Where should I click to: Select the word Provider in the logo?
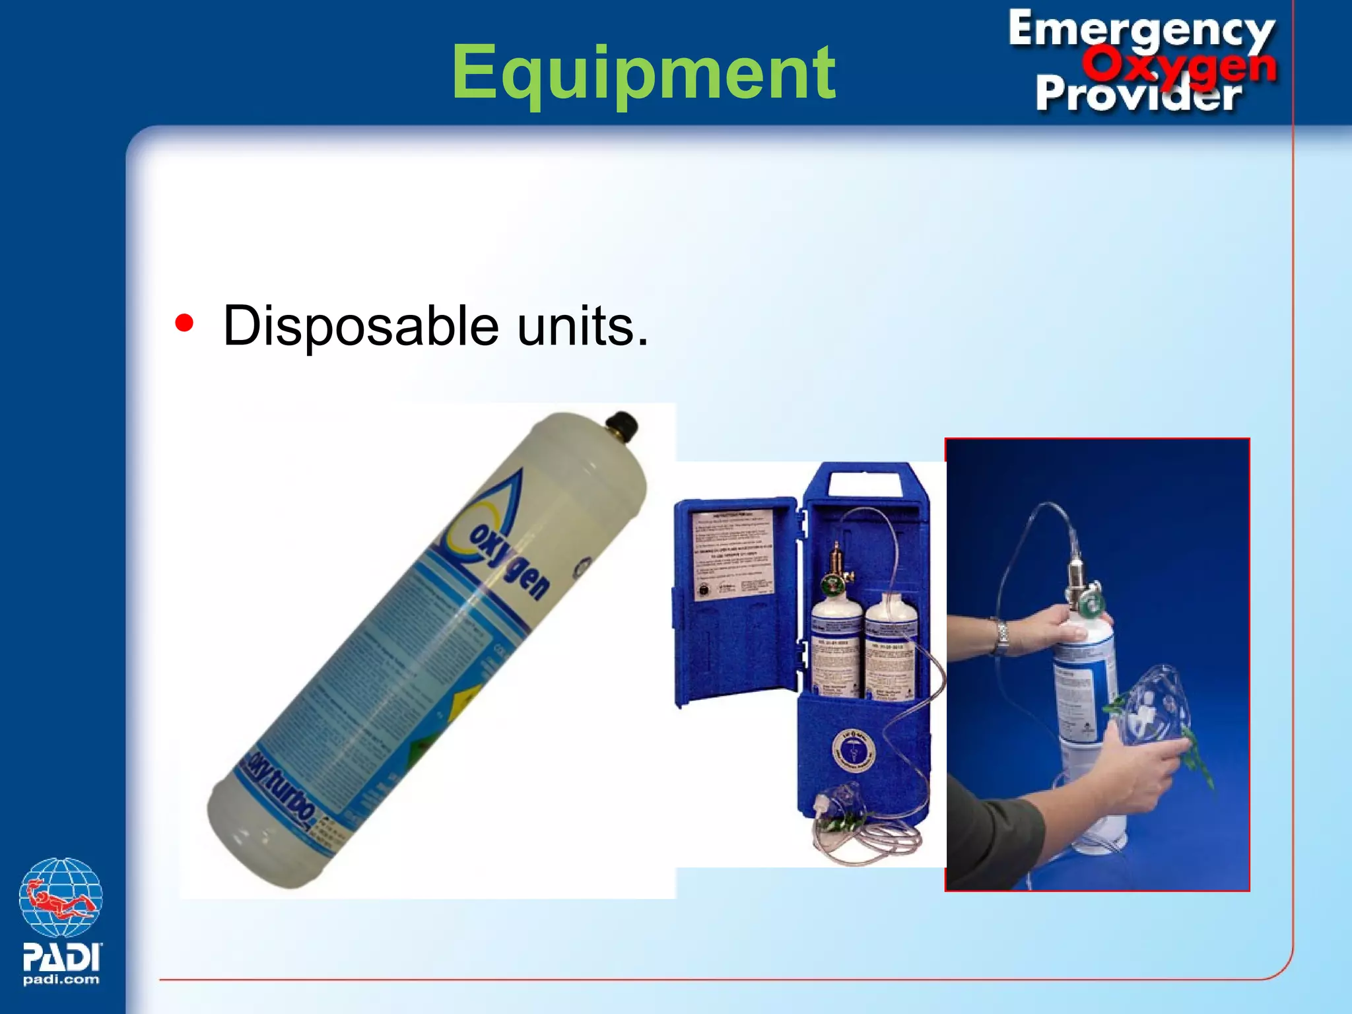pyautogui.click(x=1138, y=94)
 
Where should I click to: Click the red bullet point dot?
pyautogui.click(x=184, y=323)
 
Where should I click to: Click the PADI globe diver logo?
pyautogui.click(x=61, y=898)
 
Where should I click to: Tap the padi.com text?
pyautogui.click(x=61, y=980)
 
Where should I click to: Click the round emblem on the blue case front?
pyautogui.click(x=853, y=750)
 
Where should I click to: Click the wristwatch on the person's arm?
pyautogui.click(x=1002, y=636)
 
